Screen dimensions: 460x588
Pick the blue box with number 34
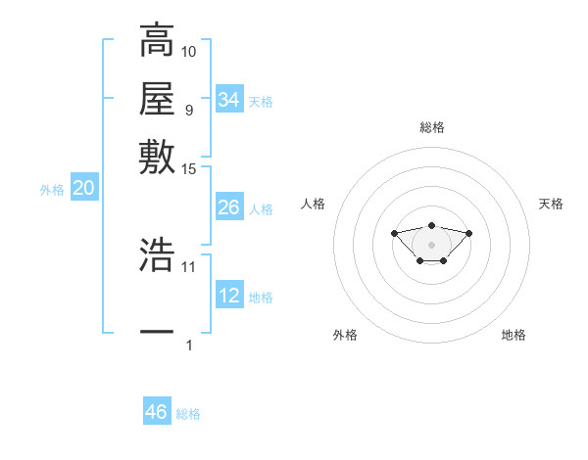(x=229, y=100)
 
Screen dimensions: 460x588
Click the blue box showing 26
(x=229, y=207)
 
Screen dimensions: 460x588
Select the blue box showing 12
(x=229, y=296)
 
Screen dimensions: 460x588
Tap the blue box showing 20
(x=83, y=189)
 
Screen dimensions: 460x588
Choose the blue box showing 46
(x=157, y=412)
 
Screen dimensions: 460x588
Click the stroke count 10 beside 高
(x=189, y=51)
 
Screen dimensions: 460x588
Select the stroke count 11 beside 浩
(x=189, y=266)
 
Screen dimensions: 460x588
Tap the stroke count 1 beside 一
(x=189, y=345)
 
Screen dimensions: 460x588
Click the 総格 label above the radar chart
(x=431, y=127)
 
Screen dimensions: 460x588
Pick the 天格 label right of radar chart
(x=551, y=204)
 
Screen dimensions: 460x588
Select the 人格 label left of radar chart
(x=314, y=204)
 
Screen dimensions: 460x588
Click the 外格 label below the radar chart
(x=345, y=335)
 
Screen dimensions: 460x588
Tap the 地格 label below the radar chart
(x=514, y=335)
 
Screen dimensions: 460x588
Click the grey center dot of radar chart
(x=431, y=244)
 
